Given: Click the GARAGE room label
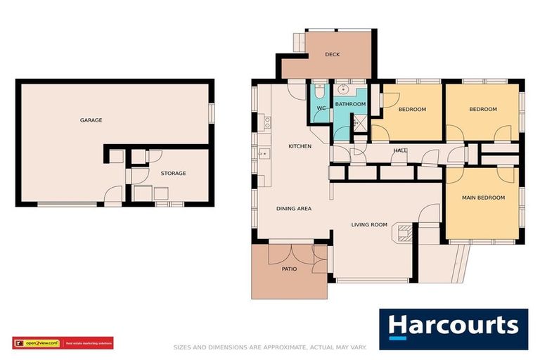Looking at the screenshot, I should tap(91, 120).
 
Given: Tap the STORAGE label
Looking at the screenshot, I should tap(173, 173).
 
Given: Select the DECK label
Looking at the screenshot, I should tap(333, 55).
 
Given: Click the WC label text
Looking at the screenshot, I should tap(321, 108).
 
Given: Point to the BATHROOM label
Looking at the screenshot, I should tap(350, 104).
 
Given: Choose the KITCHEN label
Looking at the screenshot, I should tap(300, 146).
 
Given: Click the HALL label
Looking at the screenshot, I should tap(400, 150).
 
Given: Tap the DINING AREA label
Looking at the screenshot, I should tap(293, 208).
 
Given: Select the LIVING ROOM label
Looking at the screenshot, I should tap(369, 225).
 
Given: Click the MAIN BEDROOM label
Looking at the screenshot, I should tap(483, 198).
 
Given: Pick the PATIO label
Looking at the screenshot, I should tap(289, 269).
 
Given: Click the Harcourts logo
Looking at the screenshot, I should tap(454, 328).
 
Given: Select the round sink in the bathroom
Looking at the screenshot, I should tap(344, 90).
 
